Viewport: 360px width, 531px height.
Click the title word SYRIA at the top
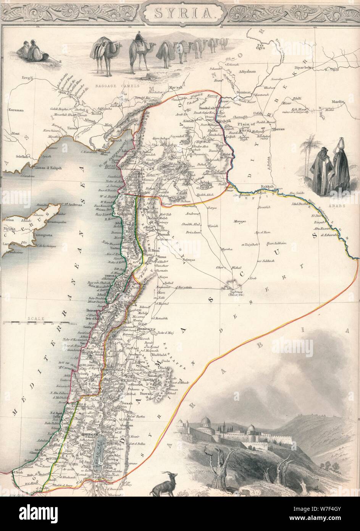pyautogui.click(x=179, y=15)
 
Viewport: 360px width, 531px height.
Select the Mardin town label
pyautogui.click(x=337, y=102)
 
